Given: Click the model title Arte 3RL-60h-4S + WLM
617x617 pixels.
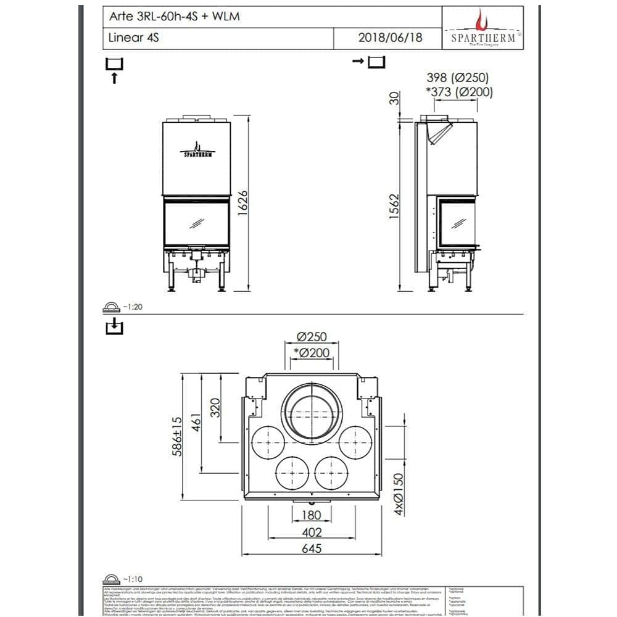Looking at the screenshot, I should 174,17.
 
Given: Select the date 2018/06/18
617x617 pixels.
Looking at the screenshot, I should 390,38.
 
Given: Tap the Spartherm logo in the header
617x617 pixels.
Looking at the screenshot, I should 482,28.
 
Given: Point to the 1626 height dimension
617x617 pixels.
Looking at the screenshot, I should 242,202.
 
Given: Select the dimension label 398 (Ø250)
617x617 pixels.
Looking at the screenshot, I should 458,78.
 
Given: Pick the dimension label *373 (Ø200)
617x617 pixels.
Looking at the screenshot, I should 459,93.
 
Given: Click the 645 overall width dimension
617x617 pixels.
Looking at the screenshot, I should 311,549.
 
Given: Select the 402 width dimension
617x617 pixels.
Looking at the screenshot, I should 311,532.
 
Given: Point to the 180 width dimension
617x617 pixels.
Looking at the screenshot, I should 311,515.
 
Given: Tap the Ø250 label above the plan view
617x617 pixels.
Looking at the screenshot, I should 311,337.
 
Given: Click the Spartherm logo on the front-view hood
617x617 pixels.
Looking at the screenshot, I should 196,151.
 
